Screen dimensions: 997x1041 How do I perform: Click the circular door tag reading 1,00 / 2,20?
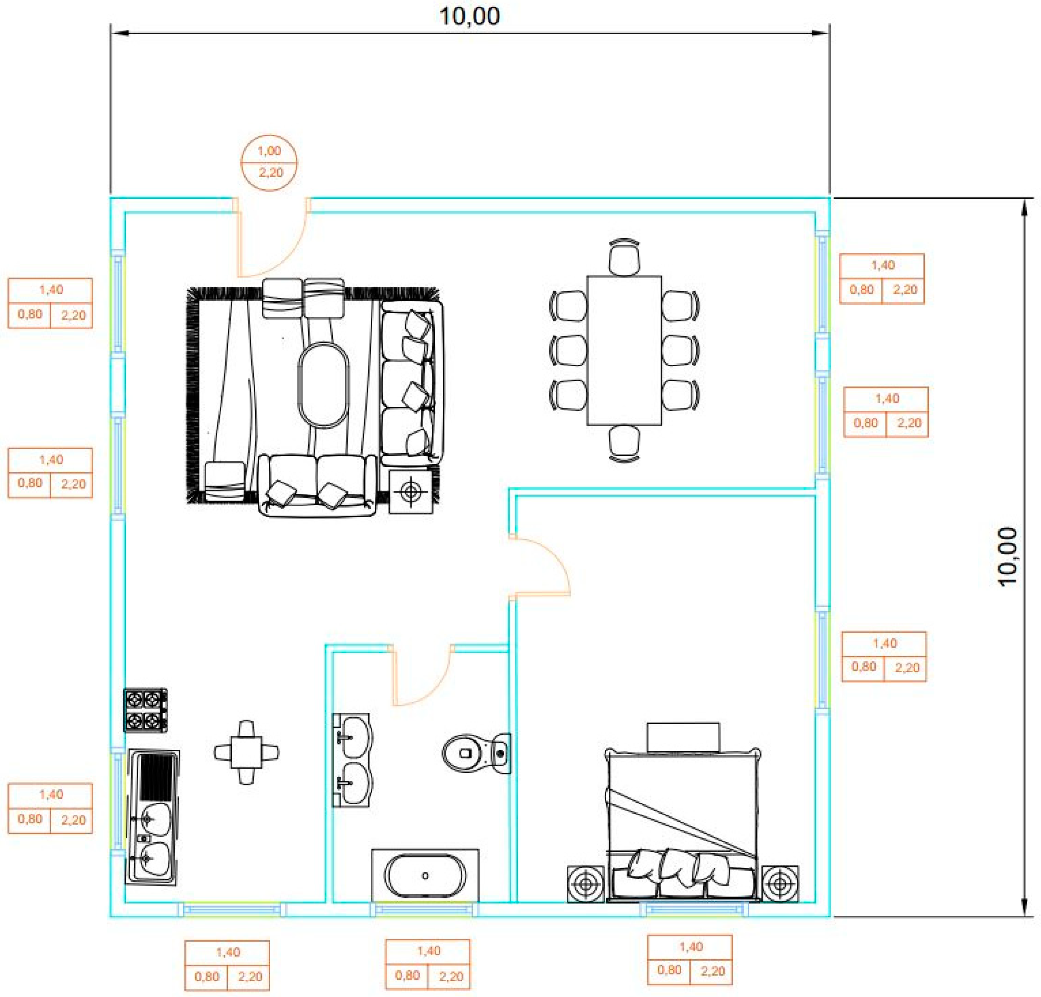[x=269, y=162]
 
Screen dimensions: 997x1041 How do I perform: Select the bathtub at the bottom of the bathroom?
[x=425, y=875]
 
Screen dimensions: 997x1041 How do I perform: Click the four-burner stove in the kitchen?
[x=145, y=710]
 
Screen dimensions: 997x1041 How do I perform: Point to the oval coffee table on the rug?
[x=323, y=385]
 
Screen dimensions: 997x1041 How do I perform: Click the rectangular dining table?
[x=624, y=350]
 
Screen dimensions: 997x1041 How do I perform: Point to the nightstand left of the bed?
[x=585, y=884]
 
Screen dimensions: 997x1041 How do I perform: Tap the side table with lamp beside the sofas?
[x=410, y=492]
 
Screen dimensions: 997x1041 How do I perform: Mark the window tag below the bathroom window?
[x=428, y=964]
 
